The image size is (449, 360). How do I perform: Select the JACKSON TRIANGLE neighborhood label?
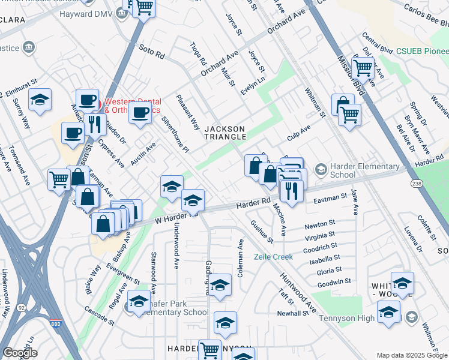225,133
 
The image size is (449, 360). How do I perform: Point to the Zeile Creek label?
273,257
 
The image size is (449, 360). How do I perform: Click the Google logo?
20,353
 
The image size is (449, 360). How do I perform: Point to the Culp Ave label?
298,133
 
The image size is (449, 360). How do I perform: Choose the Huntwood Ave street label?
297,293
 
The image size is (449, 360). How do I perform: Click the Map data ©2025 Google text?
411,355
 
